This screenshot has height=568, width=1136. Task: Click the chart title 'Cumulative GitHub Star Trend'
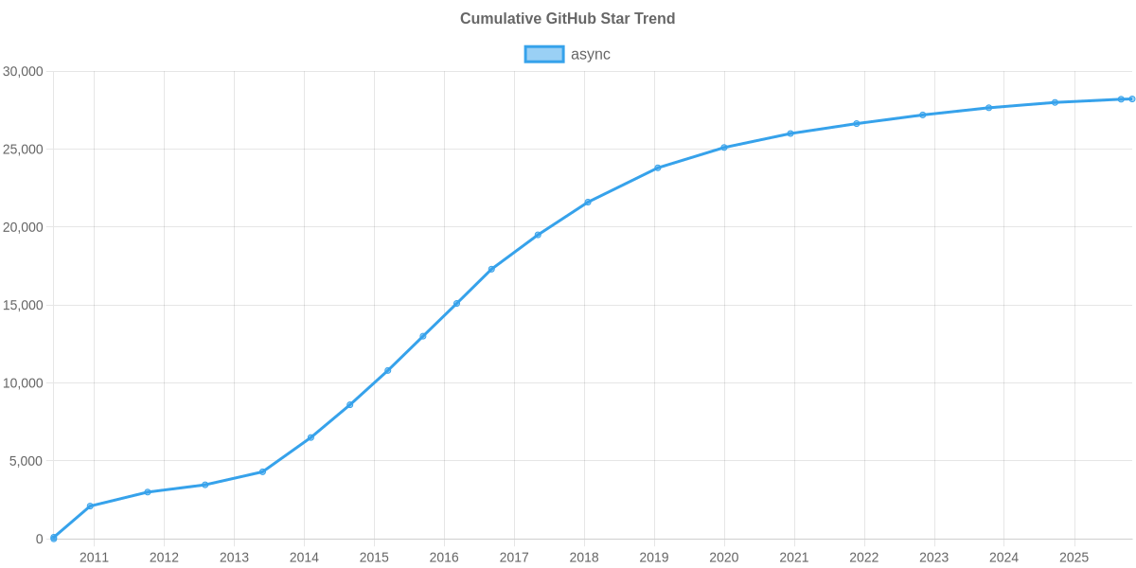[x=567, y=19]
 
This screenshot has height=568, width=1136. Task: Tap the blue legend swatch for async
[x=543, y=54]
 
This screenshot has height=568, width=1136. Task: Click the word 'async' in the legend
[x=591, y=54]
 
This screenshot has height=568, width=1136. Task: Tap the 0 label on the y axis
[x=40, y=540]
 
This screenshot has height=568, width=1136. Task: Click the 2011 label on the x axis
[x=94, y=558]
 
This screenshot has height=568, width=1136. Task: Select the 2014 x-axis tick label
[x=304, y=558]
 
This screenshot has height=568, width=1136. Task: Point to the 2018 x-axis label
[x=584, y=558]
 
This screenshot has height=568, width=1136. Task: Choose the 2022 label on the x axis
[x=864, y=558]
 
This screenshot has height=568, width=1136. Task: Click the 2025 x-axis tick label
[x=1074, y=558]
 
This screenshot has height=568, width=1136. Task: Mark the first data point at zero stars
[x=54, y=538]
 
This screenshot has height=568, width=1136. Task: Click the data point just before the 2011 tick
[x=90, y=506]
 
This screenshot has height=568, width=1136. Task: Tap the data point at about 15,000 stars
[x=456, y=304]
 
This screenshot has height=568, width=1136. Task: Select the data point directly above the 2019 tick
[x=657, y=168]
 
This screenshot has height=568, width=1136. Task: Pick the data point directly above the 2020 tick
[x=724, y=148]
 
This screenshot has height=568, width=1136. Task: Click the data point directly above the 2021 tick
[x=790, y=133]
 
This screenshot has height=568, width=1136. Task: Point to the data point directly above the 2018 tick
[x=588, y=202]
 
